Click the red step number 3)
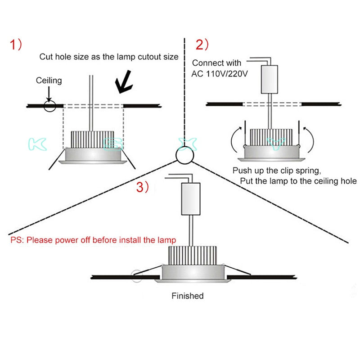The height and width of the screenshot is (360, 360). coord(143,188)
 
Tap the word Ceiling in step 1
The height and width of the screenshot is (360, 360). coord(49,81)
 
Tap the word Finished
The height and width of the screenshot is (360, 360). coord(188,296)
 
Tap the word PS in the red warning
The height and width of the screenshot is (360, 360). coord(16,240)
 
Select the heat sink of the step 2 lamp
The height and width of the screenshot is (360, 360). coord(269,137)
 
